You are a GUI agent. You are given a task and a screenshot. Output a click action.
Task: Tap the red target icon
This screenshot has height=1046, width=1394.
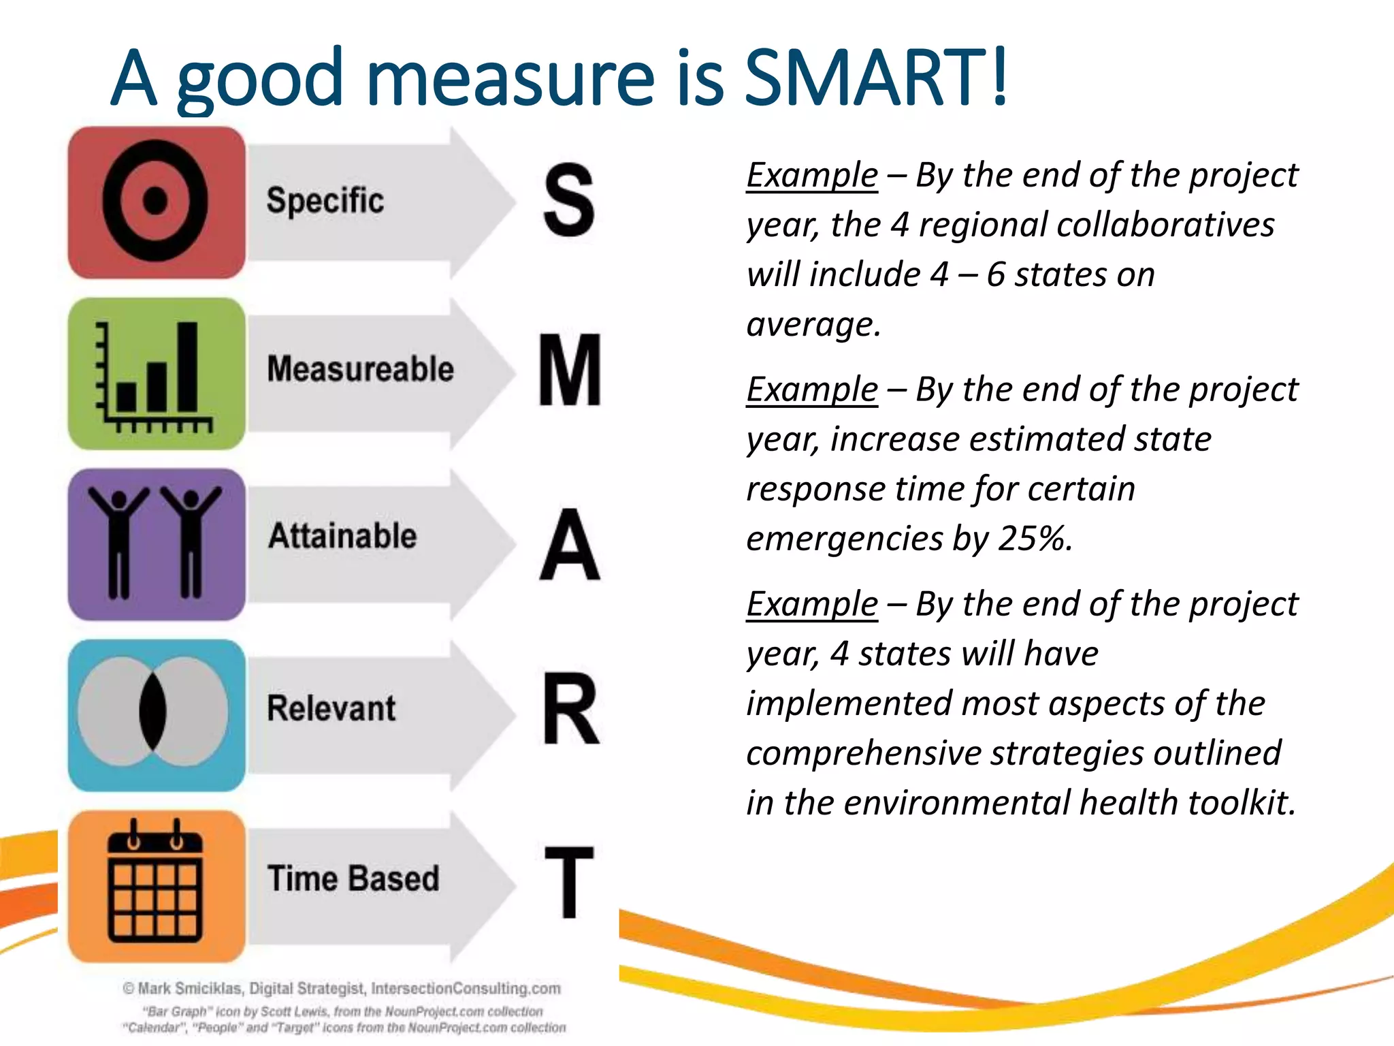tap(157, 202)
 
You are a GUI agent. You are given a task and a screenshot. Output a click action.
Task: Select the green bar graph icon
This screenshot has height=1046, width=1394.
tap(157, 374)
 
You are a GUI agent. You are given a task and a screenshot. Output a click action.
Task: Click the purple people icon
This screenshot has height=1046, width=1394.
tap(157, 544)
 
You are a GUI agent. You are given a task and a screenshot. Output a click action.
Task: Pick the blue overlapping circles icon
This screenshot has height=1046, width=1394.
tap(157, 715)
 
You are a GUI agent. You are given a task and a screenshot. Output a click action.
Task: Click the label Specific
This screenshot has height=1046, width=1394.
tap(325, 201)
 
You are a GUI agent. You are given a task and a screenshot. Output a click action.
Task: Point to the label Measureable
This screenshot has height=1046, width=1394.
tap(360, 369)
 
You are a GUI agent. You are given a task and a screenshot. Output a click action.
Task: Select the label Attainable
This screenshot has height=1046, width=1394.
tap(342, 536)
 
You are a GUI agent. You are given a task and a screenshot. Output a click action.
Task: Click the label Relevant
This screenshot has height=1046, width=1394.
tap(331, 708)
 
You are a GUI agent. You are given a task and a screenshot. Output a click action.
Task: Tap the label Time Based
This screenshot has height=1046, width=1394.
tap(353, 878)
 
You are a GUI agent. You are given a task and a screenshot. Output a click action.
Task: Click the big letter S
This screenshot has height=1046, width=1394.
tap(569, 201)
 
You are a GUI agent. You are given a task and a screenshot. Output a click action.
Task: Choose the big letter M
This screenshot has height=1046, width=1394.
tap(570, 370)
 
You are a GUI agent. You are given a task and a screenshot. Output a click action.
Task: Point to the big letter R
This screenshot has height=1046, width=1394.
tap(571, 710)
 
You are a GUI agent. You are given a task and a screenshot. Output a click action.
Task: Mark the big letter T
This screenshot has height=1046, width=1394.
tap(570, 882)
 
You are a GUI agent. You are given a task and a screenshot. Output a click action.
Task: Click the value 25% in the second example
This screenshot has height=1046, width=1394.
tap(1034, 539)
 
